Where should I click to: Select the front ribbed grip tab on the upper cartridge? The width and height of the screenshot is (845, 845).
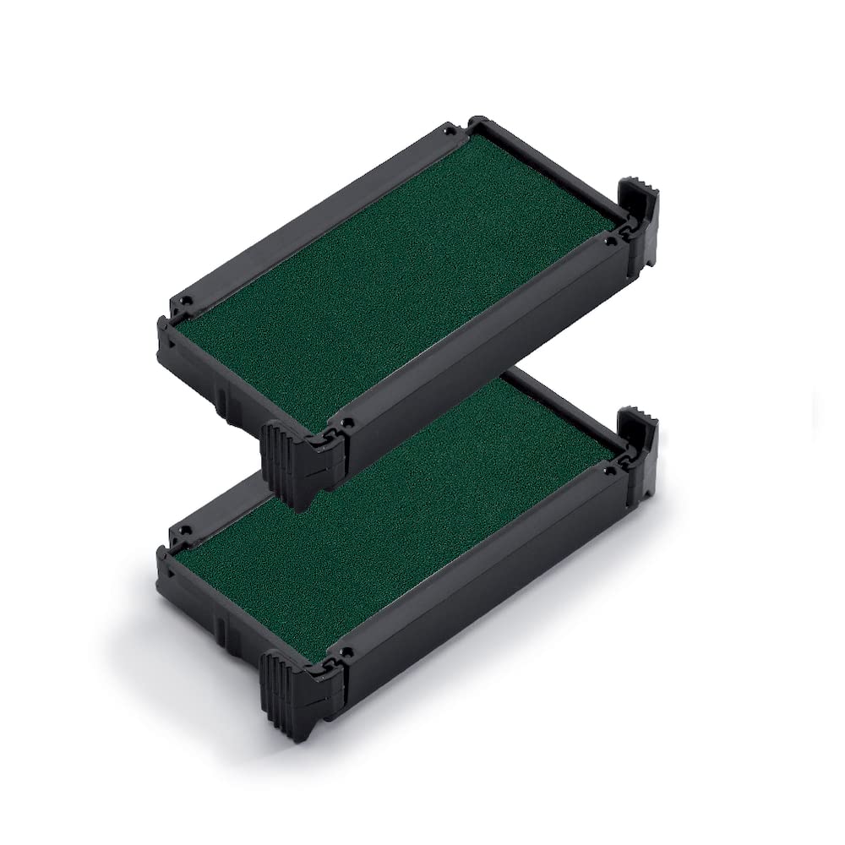click(x=285, y=456)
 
